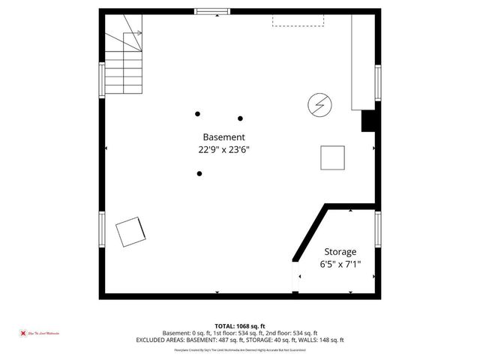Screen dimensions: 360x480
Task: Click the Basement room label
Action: (x=223, y=137)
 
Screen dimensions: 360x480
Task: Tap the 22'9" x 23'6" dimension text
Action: (x=223, y=149)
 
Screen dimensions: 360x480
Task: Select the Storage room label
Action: (x=340, y=252)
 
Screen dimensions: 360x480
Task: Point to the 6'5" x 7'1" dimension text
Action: (x=340, y=264)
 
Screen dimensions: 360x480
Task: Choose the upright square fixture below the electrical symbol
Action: (x=333, y=157)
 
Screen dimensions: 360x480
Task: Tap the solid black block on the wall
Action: (x=368, y=121)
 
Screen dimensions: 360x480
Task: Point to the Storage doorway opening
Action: (x=296, y=277)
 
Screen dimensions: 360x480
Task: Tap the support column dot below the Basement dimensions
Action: (x=199, y=174)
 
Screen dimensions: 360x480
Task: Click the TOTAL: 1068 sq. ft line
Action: (x=239, y=325)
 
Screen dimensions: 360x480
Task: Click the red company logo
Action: (x=23, y=333)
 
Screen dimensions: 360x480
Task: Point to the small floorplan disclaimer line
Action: (x=239, y=350)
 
